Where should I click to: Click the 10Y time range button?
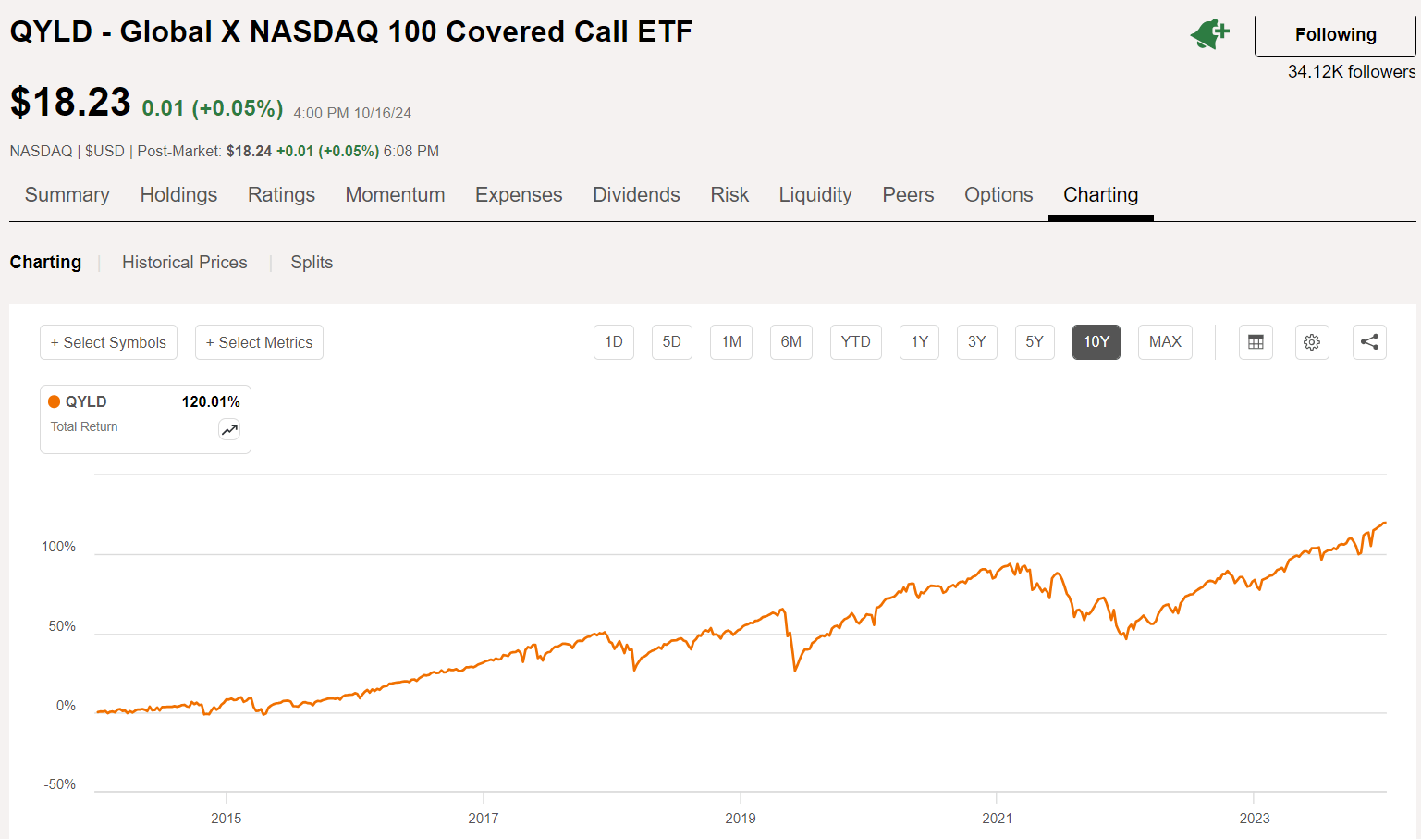[x=1096, y=342]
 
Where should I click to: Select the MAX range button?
[x=1165, y=342]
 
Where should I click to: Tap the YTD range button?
[x=855, y=342]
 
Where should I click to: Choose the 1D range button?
[x=613, y=342]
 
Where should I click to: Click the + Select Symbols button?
[x=108, y=342]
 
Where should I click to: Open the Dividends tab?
[x=636, y=195]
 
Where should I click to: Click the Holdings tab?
[x=178, y=195]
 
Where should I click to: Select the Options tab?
[x=998, y=195]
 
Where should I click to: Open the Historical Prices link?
[x=185, y=263]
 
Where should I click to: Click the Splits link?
[x=312, y=263]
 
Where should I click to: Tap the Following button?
[x=1334, y=35]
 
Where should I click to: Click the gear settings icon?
[x=1311, y=342]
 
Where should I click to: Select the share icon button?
[x=1369, y=342]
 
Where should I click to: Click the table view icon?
[x=1256, y=342]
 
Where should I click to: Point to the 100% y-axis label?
[x=58, y=547]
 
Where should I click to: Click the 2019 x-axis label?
[x=740, y=819]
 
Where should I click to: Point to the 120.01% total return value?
[x=211, y=401]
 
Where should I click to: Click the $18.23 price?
[x=70, y=102]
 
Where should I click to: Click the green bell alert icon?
[x=1209, y=34]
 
